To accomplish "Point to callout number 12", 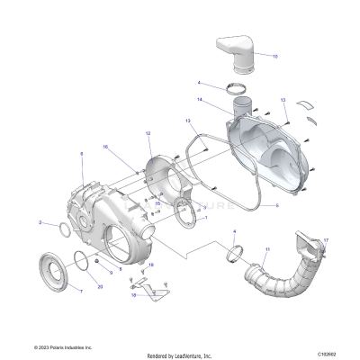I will [x=147, y=133].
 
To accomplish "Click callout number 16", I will [x=104, y=147].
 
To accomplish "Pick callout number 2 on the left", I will [x=40, y=221].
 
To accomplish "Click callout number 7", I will [x=81, y=292].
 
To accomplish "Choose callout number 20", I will [x=100, y=286].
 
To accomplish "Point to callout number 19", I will [x=151, y=265].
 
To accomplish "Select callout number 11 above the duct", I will [x=266, y=248].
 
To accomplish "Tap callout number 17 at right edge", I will [x=326, y=240].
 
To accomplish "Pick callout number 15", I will [x=158, y=203].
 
